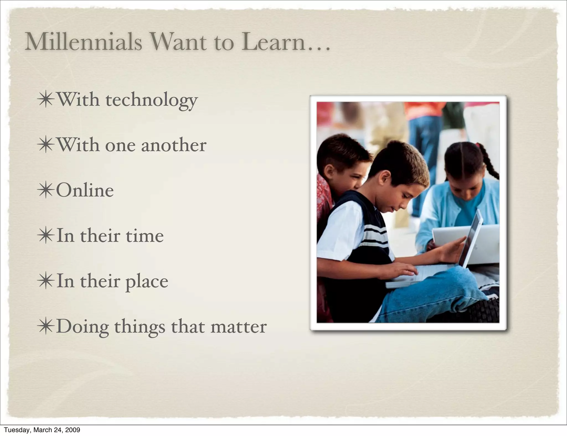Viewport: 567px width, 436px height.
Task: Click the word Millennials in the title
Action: point(83,42)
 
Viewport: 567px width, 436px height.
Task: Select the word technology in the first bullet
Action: point(151,100)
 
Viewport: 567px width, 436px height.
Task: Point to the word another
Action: point(174,145)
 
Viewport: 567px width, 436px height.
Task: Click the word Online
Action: point(85,190)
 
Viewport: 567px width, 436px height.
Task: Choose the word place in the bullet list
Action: point(147,282)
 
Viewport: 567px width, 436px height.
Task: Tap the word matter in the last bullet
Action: point(238,327)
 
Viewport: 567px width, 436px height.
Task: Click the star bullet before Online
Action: point(46,190)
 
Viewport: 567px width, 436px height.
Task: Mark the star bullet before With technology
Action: point(46,100)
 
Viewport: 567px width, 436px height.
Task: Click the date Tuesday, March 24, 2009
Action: point(42,430)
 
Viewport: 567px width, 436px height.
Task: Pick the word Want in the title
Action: point(179,42)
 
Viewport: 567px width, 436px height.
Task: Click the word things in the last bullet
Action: point(140,327)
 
